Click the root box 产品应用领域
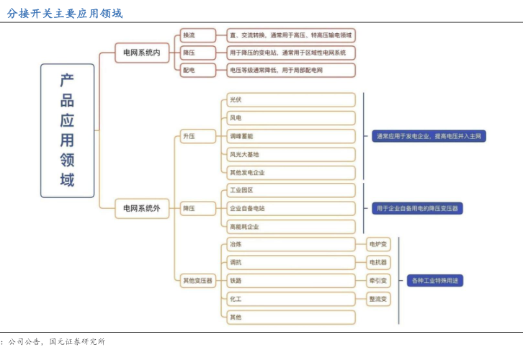[67, 130]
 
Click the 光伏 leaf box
[290, 100]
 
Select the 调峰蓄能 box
[290, 136]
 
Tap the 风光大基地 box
[290, 154]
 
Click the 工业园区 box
[290, 190]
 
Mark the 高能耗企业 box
[290, 226]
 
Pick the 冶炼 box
[290, 245]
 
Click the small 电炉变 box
[378, 245]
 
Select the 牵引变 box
[378, 281]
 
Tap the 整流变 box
[378, 299]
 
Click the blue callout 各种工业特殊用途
[435, 280]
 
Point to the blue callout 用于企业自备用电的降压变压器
[417, 208]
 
